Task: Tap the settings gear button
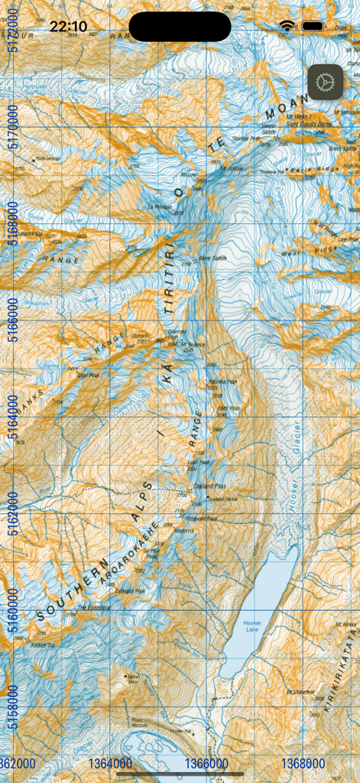coord(326,82)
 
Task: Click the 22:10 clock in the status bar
coord(68,27)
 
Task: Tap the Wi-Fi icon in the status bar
coord(287,26)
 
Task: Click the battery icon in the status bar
coord(313,26)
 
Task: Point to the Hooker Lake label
coord(252,626)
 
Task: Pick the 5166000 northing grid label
coord(12,319)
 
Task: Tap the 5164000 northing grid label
coord(12,417)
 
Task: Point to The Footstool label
coord(94,608)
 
